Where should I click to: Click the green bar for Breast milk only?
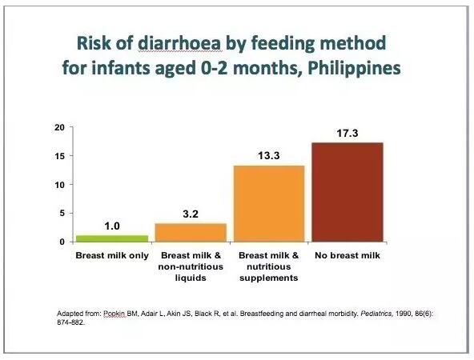(112, 238)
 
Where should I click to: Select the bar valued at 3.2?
(191, 233)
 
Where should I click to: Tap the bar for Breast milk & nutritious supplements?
(269, 203)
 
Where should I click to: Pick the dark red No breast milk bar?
(347, 192)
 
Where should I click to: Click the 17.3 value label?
(347, 133)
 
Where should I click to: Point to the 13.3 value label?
(269, 156)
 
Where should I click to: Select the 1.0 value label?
(112, 226)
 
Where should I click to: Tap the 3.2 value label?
(191, 214)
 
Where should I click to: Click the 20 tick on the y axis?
(60, 127)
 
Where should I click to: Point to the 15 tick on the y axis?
(60, 156)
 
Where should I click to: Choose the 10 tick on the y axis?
(60, 185)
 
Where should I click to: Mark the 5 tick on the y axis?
(62, 214)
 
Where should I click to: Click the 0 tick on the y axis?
(62, 242)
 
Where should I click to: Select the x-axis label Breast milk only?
(112, 255)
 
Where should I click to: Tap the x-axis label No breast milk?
(347, 255)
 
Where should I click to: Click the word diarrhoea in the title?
(180, 43)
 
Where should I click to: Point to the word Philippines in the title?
(354, 69)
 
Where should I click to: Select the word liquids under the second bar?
(191, 278)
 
